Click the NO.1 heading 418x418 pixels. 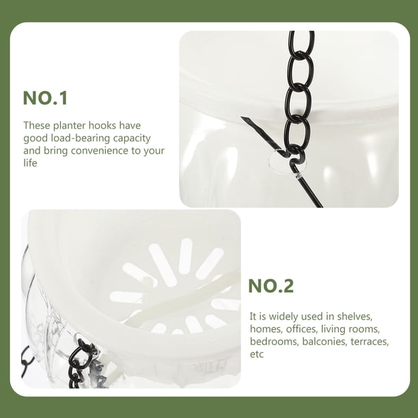pyautogui.click(x=45, y=98)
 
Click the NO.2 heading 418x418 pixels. pyautogui.click(x=271, y=285)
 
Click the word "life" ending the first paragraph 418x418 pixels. pyautogui.click(x=30, y=163)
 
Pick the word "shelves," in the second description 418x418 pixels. pyautogui.click(x=354, y=316)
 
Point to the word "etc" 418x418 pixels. pyautogui.click(x=257, y=354)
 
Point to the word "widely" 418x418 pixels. pyautogui.click(x=283, y=317)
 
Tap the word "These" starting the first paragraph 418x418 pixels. pyautogui.click(x=37, y=126)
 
